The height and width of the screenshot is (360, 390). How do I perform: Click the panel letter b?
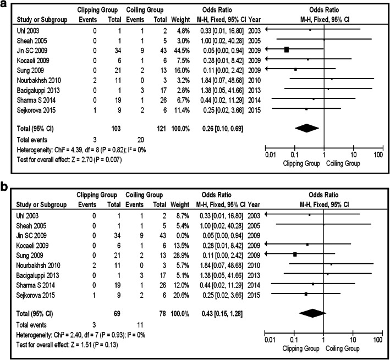pyautogui.click(x=4, y=187)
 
